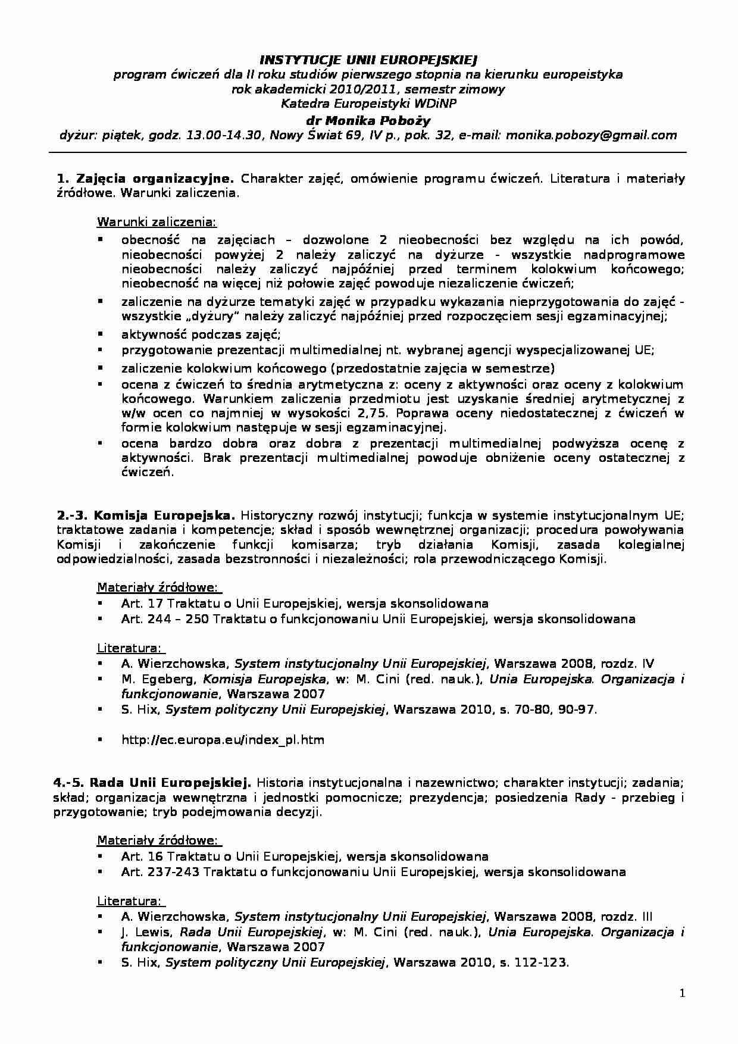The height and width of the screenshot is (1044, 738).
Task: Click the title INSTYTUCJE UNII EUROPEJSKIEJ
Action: [369, 60]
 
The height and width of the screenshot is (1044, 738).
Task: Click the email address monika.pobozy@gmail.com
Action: [591, 135]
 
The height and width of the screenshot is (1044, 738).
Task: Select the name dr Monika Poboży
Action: [368, 120]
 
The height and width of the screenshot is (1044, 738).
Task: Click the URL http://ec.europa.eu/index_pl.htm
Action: [223, 740]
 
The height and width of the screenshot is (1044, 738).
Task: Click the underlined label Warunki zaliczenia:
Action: [157, 223]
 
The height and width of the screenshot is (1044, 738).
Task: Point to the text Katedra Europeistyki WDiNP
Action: [369, 104]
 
